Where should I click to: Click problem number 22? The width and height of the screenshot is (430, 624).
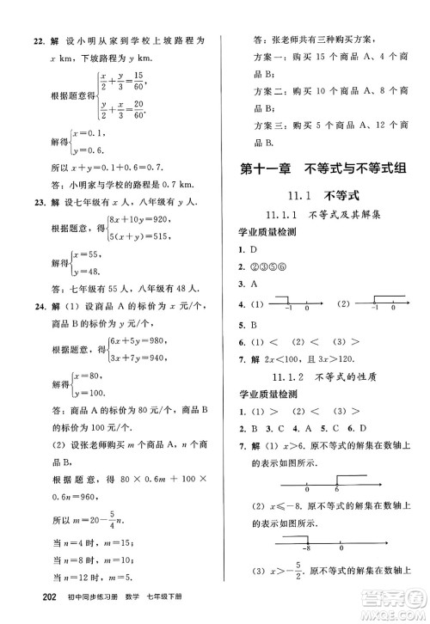(x=24, y=40)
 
